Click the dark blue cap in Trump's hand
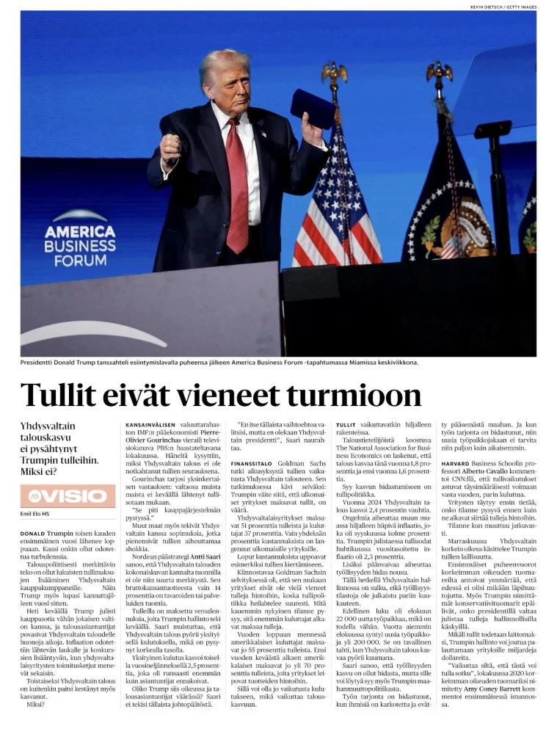313,108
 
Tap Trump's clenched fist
170,148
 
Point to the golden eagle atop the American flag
334,72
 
